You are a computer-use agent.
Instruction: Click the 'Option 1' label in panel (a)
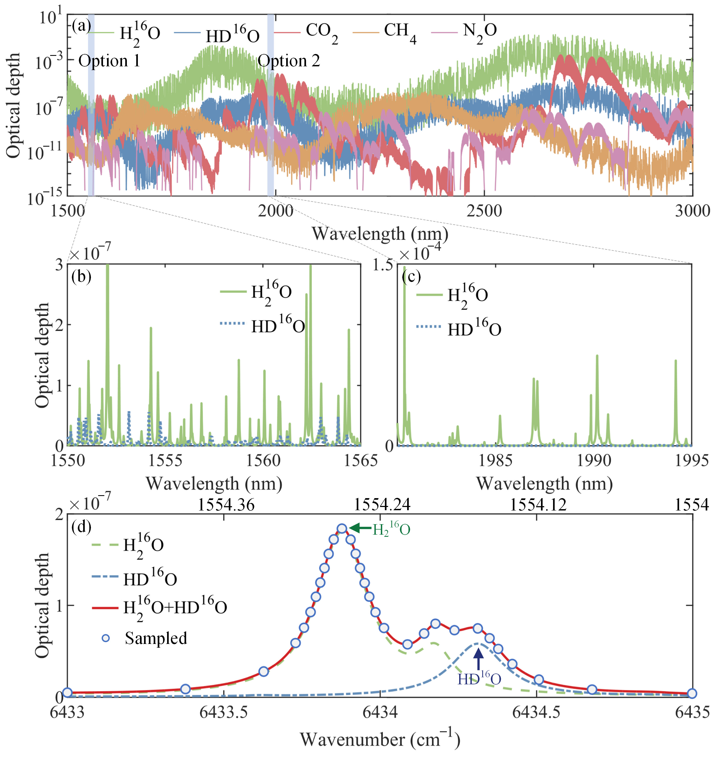[109, 61]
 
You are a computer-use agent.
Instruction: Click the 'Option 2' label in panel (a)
[289, 61]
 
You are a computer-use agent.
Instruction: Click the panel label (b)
[81, 277]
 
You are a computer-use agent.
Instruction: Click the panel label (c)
[411, 277]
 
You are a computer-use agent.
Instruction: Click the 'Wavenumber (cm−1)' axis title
[380, 739]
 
